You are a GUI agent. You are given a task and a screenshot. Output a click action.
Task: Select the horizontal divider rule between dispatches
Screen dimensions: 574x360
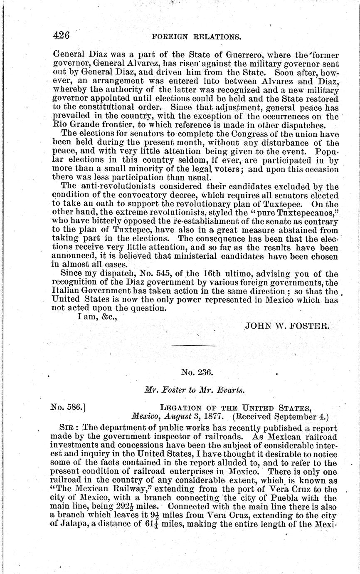point(193,346)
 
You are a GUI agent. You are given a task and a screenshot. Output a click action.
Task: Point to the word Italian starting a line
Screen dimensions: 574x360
point(66,291)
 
